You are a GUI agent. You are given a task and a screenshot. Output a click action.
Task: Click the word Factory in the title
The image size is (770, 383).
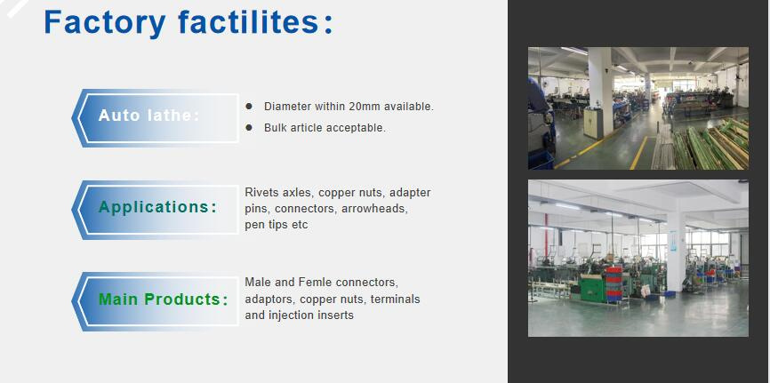point(105,22)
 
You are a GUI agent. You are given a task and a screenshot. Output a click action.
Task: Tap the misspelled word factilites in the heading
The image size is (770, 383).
point(249,21)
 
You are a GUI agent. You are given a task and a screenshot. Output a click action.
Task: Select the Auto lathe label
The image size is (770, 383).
point(149,116)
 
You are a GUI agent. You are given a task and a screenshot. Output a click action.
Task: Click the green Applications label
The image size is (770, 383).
point(157,207)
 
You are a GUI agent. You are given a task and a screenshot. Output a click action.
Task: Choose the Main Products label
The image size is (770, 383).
point(164,299)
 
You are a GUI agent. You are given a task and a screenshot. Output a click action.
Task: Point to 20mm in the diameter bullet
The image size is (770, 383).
point(365,106)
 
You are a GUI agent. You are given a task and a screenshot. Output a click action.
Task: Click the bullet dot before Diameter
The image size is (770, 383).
point(249,106)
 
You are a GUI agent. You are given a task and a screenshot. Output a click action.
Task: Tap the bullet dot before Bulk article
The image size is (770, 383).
point(249,128)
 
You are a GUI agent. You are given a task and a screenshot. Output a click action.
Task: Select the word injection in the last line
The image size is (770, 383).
point(292,315)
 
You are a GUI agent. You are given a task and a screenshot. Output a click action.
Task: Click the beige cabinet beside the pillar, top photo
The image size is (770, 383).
point(593,124)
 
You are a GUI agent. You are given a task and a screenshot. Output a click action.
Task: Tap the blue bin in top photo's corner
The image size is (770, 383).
point(541,161)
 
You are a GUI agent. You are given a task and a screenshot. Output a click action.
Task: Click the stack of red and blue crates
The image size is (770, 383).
point(614,283)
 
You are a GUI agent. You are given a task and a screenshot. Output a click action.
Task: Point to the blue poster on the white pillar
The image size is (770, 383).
point(673,241)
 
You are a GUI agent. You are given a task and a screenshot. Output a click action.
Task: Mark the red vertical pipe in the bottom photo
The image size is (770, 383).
point(546,235)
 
